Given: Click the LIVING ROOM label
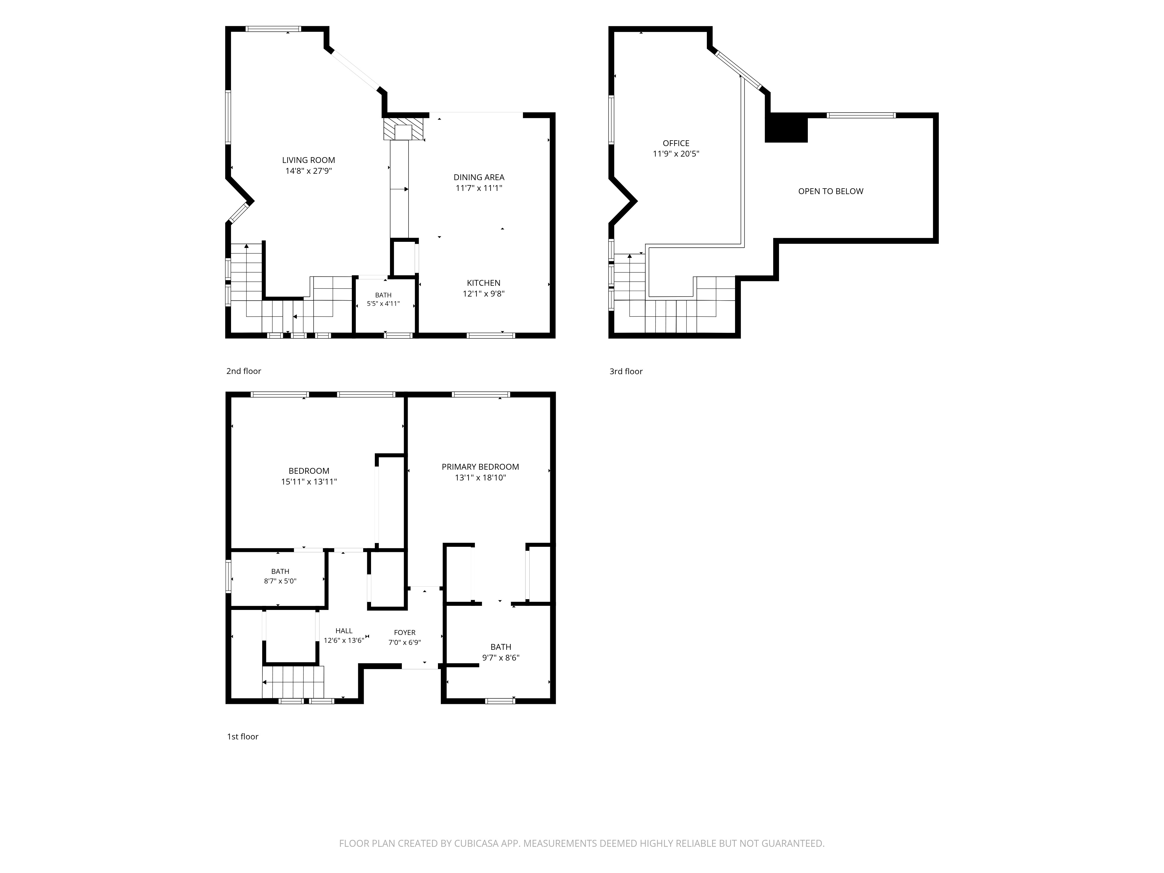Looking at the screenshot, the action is tap(308, 160).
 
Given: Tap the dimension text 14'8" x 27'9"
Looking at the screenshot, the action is tap(308, 171).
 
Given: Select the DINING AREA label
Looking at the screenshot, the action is tap(479, 177).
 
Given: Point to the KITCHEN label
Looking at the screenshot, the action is tap(484, 283).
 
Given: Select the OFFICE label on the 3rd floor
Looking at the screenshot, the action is tap(676, 143).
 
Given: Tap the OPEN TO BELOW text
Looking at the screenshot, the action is tap(831, 191).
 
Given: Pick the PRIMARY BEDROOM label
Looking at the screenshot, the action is tap(480, 467).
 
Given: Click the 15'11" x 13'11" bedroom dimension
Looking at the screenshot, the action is tap(309, 482).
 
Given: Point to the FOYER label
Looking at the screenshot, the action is tap(405, 633).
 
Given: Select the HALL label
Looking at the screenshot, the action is tap(344, 631).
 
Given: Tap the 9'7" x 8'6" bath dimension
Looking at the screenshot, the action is tap(501, 658).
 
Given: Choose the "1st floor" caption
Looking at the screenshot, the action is tap(243, 737).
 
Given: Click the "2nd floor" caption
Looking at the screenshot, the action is tap(244, 371).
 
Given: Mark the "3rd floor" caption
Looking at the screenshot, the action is tap(626, 372).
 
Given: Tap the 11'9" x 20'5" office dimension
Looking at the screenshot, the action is tap(676, 154).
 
